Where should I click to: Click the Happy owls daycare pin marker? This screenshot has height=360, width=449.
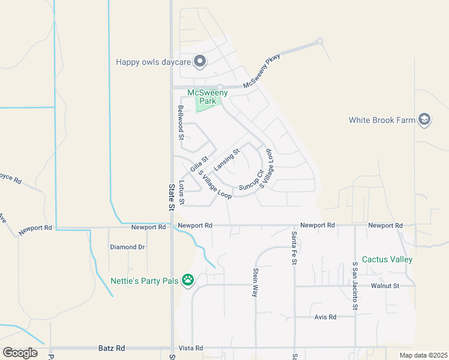tap(200, 61)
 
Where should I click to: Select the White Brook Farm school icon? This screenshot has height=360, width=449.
tap(424, 120)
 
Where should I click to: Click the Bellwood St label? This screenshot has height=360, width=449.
tap(180, 122)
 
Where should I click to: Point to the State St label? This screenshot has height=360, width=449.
tap(171, 196)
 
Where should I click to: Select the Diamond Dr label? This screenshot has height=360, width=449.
tap(127, 247)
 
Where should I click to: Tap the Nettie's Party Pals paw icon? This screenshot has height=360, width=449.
tap(188, 279)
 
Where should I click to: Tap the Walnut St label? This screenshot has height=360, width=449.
tap(385, 286)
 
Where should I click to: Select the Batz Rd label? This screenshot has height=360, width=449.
tap(111, 348)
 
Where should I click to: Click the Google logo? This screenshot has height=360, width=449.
tap(20, 353)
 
